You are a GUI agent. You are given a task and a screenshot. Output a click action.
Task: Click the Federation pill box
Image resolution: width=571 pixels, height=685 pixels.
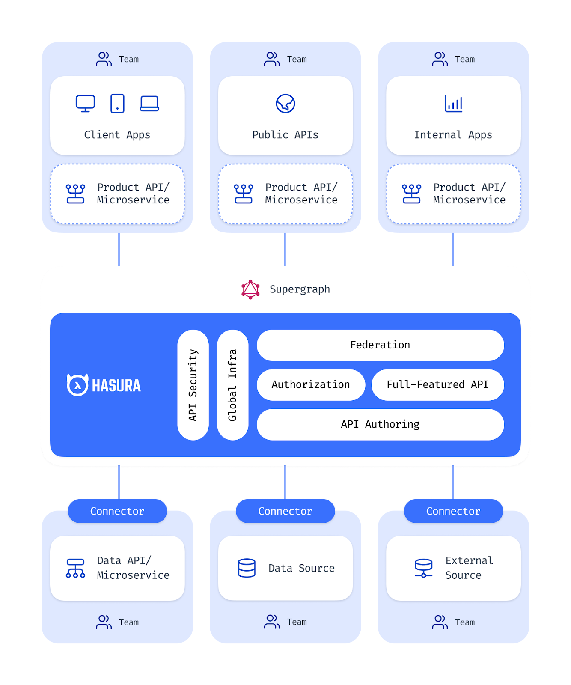coord(380,345)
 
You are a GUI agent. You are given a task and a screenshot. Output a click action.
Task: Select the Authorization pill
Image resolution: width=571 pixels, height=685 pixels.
coord(311,385)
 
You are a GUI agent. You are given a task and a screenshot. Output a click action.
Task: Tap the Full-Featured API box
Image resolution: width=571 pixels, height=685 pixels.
coord(437,385)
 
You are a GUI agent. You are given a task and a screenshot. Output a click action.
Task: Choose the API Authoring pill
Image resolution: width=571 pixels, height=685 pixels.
coord(380,424)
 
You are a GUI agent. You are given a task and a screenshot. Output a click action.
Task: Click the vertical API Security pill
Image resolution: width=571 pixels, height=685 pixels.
coord(193,385)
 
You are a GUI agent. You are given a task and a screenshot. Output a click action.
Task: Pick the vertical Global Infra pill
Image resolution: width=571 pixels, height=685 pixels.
coord(233,385)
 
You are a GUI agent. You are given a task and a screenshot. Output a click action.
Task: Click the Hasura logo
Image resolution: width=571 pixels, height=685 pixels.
coord(104,385)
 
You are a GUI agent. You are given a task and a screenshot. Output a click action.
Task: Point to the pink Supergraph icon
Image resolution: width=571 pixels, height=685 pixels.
coord(250,289)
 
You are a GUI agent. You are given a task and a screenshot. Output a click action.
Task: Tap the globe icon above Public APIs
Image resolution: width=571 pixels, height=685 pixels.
coord(285,104)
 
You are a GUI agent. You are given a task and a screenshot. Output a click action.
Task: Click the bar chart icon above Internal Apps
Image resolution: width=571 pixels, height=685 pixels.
coord(453,104)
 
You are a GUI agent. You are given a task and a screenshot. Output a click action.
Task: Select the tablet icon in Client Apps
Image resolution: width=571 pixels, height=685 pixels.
coord(117,104)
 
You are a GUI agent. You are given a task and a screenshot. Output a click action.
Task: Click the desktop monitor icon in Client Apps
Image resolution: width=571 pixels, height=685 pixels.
coord(85,104)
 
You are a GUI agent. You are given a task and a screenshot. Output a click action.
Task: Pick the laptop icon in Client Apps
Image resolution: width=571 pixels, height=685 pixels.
coord(149,104)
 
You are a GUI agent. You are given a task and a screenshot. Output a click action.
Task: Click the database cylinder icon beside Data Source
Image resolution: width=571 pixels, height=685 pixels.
coord(247,568)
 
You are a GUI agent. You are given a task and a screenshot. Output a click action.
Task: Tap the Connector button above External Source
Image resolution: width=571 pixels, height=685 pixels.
coord(453,511)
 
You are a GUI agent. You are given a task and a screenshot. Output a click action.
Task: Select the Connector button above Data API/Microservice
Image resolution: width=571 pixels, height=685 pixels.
coord(117,511)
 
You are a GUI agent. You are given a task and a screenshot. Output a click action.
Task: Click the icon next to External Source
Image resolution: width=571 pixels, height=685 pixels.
coord(424,568)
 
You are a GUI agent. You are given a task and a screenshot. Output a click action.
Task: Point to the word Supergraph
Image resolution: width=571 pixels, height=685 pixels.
coord(300,289)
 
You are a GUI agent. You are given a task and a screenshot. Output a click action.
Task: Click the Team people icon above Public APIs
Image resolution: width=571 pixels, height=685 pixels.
coord(272,59)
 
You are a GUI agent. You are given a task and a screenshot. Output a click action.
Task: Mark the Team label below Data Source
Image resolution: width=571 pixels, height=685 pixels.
coord(297,622)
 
